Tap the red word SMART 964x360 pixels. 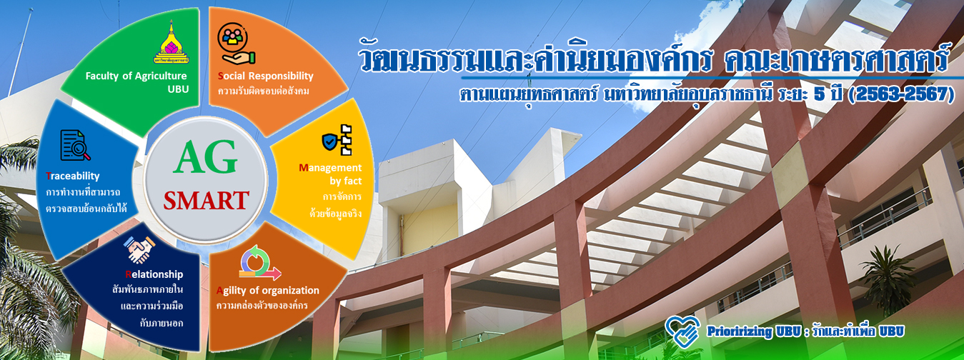[206, 201]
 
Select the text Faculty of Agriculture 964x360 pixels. [136, 76]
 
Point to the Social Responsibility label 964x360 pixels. [266, 76]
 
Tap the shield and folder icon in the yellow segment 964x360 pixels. [337, 140]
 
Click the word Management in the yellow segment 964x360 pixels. [330, 167]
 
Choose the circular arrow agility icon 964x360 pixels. [260, 262]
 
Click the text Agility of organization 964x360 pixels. [268, 291]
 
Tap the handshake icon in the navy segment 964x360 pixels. [139, 249]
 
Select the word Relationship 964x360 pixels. [154, 274]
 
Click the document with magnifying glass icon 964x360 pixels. [75, 146]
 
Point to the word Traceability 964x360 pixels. [72, 176]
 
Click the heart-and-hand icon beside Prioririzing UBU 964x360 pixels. [682, 331]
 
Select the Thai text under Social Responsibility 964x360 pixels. [264, 91]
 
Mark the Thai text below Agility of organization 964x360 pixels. [262, 306]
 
